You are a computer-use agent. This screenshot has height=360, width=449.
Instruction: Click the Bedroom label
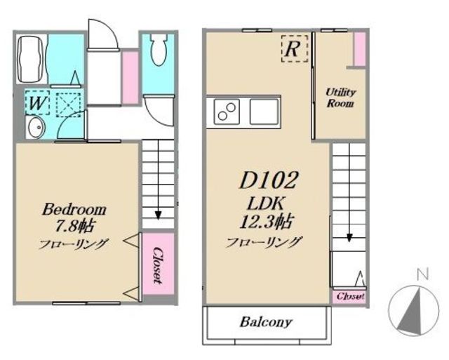(x=74, y=209)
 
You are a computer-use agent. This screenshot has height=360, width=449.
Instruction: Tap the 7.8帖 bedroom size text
(x=74, y=226)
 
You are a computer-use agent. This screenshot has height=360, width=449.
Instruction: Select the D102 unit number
(x=268, y=180)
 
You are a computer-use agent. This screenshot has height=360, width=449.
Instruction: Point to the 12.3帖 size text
(x=266, y=221)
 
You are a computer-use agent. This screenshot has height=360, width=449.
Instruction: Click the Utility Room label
(x=340, y=98)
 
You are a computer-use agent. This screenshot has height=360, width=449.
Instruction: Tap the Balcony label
(x=266, y=322)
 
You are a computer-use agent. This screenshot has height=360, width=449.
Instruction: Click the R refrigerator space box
(x=295, y=48)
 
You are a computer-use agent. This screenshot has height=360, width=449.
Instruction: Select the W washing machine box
(x=37, y=102)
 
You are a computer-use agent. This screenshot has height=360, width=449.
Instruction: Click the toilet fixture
(x=159, y=49)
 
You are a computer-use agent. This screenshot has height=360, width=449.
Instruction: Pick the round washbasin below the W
(x=36, y=128)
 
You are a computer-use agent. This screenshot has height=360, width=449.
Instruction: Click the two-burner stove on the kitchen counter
(x=226, y=112)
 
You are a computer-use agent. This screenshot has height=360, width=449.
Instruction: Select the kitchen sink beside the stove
(x=264, y=112)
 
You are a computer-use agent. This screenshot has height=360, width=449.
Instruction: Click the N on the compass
(x=422, y=274)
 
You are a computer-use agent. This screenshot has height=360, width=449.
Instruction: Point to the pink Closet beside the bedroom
(x=158, y=264)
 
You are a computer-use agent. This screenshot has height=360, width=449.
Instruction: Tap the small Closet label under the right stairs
(x=350, y=296)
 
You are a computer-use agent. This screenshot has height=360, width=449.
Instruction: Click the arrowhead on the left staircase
(x=158, y=215)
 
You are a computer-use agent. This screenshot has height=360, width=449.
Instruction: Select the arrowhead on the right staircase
(x=349, y=238)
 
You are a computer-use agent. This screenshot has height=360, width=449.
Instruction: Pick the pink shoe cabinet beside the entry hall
(x=130, y=77)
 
